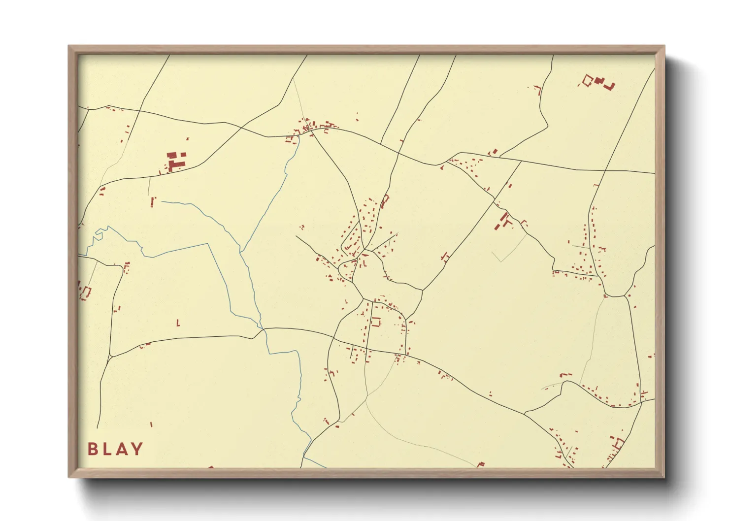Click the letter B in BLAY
[x=92, y=449]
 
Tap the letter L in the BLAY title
[x=106, y=449]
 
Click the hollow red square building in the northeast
[x=587, y=80]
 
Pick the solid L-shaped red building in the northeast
[x=610, y=87]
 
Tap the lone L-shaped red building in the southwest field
[x=178, y=323]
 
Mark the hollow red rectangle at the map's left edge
[x=86, y=293]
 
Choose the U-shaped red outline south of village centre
[x=377, y=322]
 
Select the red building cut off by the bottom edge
[x=481, y=464]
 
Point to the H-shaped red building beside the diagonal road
[x=445, y=257]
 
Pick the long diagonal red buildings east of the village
[x=503, y=221]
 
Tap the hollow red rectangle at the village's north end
[x=385, y=201]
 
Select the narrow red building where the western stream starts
[x=153, y=201]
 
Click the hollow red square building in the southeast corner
[x=617, y=443]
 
